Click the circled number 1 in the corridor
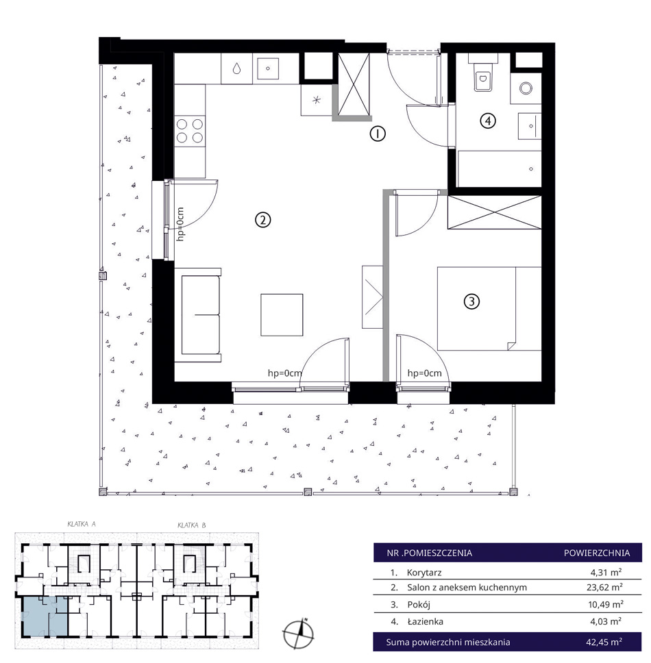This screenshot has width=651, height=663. tap(378, 134)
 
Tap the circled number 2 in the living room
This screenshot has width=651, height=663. tap(262, 220)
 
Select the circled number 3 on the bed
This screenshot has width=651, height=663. tap(471, 301)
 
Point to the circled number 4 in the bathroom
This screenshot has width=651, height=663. tap(488, 121)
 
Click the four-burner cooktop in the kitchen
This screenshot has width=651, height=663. tap(190, 131)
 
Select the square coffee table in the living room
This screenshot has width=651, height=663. tap(282, 314)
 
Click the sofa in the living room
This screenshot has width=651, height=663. tap(198, 314)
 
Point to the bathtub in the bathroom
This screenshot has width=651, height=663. tap(499, 168)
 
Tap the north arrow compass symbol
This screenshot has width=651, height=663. tap(299, 634)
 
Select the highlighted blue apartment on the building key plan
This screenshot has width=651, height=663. tap(44, 616)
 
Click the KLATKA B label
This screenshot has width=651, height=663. tap(192, 525)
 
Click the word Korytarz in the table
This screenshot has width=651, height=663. tap(424, 573)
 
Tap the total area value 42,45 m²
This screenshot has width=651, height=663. tap(604, 642)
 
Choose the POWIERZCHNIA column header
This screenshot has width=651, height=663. tap(597, 553)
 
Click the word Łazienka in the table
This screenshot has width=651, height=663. tap(425, 621)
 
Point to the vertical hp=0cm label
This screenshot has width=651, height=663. tap(181, 224)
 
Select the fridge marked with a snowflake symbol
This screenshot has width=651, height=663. tap(316, 100)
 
